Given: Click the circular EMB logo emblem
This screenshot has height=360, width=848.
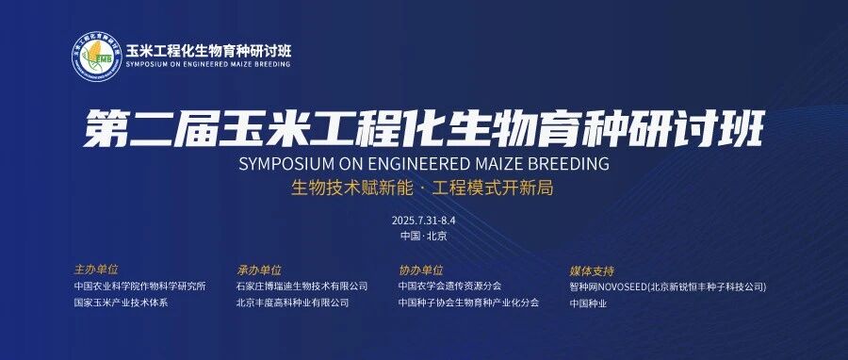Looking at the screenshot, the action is [x=97, y=57].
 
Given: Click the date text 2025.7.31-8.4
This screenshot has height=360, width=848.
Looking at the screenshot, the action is [x=419, y=221].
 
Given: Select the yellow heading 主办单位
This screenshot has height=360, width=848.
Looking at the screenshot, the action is [x=96, y=270].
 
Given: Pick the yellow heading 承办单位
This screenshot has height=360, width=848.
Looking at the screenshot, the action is [x=259, y=270].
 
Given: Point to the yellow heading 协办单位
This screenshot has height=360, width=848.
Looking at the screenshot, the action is [x=421, y=270].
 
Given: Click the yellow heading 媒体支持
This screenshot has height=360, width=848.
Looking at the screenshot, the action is [x=592, y=270].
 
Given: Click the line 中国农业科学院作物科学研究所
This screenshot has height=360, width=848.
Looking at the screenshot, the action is [x=140, y=286].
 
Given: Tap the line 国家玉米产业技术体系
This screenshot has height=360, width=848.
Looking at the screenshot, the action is [x=122, y=303].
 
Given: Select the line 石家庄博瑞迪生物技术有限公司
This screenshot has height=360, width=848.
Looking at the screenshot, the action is [x=302, y=286].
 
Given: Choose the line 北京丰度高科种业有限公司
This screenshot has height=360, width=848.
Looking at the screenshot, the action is [x=293, y=303].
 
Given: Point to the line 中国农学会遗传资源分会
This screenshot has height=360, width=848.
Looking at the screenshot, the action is [x=450, y=286].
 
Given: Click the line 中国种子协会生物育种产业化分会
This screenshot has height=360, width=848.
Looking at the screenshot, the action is [x=469, y=303].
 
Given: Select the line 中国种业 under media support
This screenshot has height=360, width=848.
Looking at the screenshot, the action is [x=588, y=303].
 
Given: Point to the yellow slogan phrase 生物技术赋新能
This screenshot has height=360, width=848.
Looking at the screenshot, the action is [x=352, y=188].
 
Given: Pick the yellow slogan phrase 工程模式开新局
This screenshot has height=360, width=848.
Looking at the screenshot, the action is [x=493, y=188].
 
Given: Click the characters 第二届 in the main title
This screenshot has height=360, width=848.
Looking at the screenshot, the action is [x=151, y=128].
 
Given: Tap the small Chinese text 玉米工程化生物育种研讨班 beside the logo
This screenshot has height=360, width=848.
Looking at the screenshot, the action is [x=208, y=51].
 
